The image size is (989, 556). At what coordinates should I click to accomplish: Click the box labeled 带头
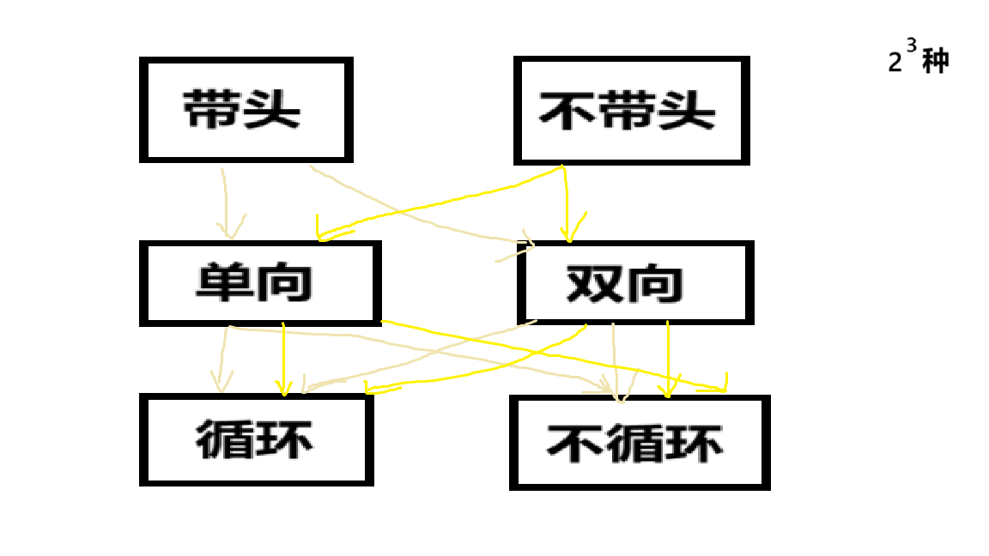(246, 110)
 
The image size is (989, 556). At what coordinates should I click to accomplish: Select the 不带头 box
(631, 111)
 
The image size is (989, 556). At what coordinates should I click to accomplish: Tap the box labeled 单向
(259, 283)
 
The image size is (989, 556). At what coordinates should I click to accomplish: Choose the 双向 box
(634, 283)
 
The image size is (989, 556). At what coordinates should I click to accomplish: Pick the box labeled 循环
(256, 440)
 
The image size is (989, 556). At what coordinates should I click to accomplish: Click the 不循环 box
(639, 443)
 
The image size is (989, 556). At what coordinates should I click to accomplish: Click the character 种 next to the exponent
(935, 62)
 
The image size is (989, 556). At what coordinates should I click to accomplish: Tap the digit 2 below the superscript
(895, 64)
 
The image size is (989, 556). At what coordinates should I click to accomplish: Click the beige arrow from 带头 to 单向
(226, 202)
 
